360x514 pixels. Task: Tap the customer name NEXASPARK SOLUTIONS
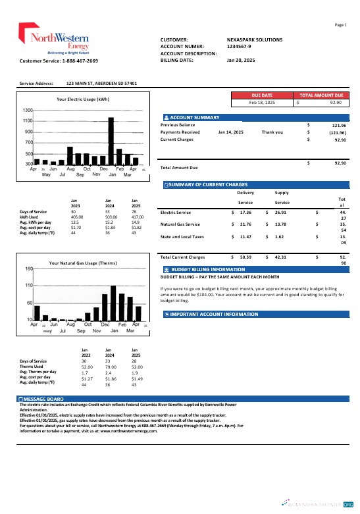pyautogui.click(x=254, y=39)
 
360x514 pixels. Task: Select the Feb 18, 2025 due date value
pyautogui.click(x=262, y=103)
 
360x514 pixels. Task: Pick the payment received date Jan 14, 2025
pyautogui.click(x=230, y=132)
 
